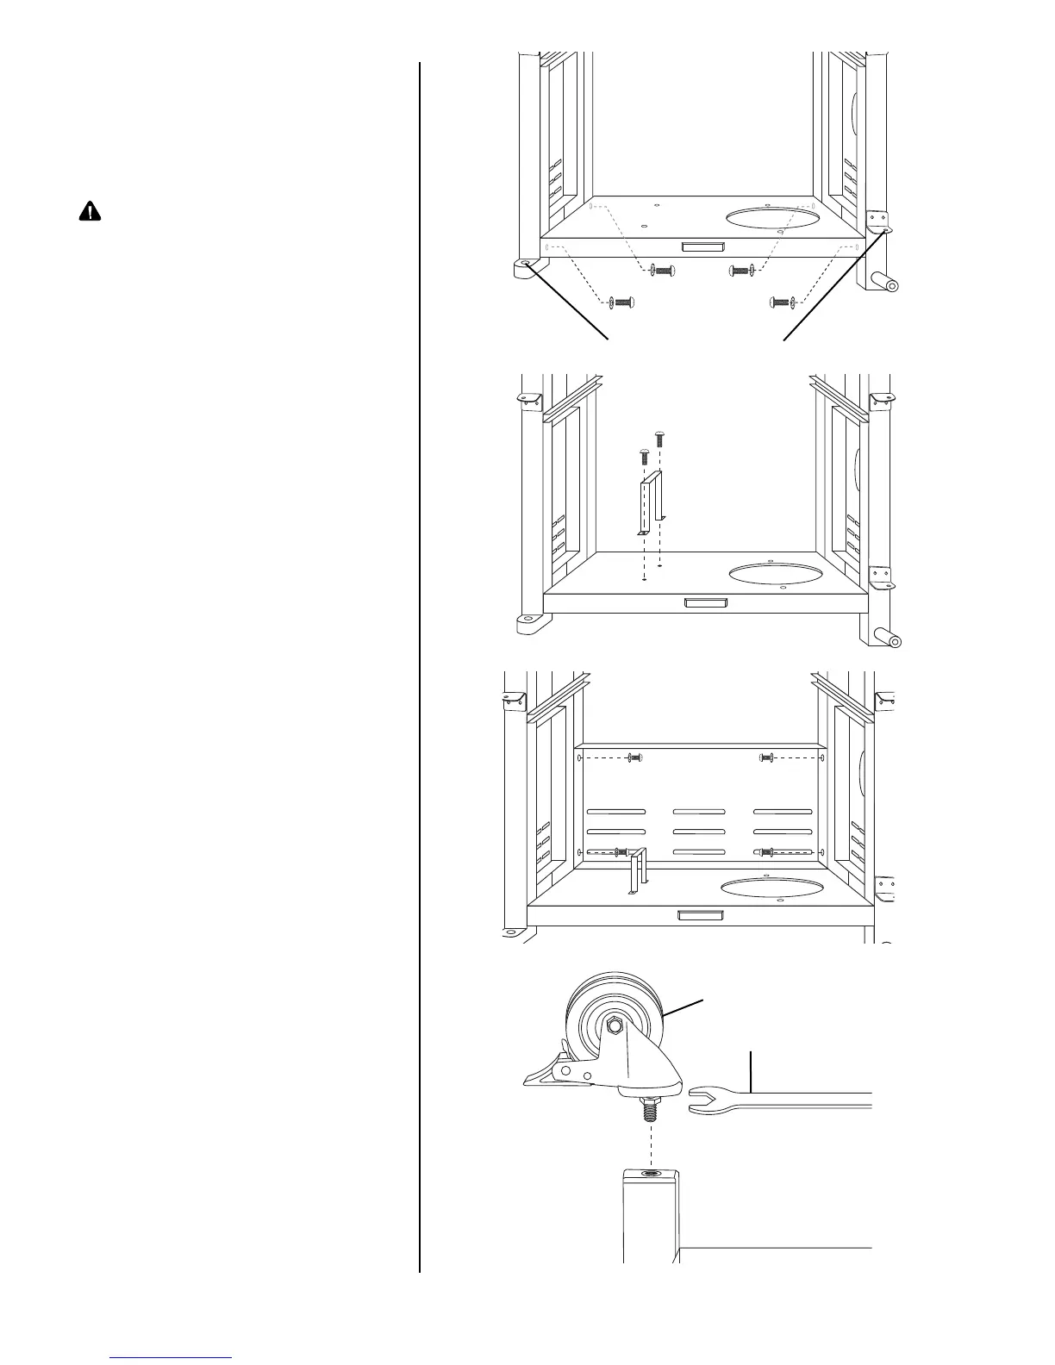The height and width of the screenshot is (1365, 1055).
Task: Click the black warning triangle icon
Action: tap(90, 212)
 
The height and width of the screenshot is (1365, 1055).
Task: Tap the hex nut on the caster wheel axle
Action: tap(615, 1025)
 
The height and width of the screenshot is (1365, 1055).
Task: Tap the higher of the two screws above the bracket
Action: tap(660, 437)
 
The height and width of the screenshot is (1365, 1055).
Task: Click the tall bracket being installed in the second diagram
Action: tap(651, 508)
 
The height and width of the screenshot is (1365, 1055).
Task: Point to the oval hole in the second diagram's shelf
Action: tap(773, 572)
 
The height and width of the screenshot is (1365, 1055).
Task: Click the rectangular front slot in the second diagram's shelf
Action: tap(705, 603)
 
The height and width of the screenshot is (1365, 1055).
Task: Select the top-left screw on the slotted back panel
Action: tap(635, 757)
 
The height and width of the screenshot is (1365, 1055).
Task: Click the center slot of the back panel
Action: tap(699, 832)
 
